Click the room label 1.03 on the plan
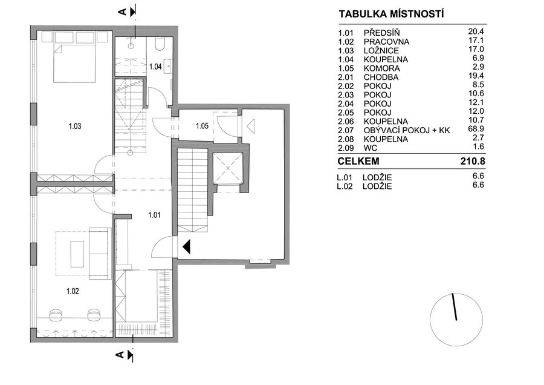(x=75, y=126)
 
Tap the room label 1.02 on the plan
(x=73, y=291)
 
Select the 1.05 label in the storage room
(x=202, y=126)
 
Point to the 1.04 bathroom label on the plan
(x=155, y=67)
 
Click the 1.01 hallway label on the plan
(x=154, y=215)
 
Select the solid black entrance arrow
(x=186, y=247)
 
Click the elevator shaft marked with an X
(x=228, y=168)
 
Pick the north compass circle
(x=456, y=320)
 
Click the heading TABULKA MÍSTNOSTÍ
(x=391, y=15)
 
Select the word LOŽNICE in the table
(x=381, y=51)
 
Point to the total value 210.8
(x=473, y=161)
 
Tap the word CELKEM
(x=358, y=161)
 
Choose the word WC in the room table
(x=371, y=148)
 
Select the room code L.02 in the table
(x=345, y=186)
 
